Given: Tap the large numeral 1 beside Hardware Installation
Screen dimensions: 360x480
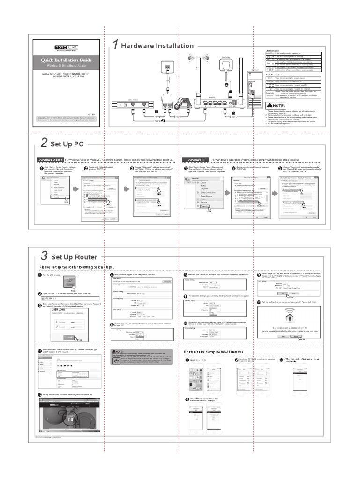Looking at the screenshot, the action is [x=115, y=45].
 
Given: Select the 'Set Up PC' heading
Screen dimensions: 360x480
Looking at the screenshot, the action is [x=67, y=144].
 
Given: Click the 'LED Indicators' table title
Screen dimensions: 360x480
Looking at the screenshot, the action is [x=274, y=50].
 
